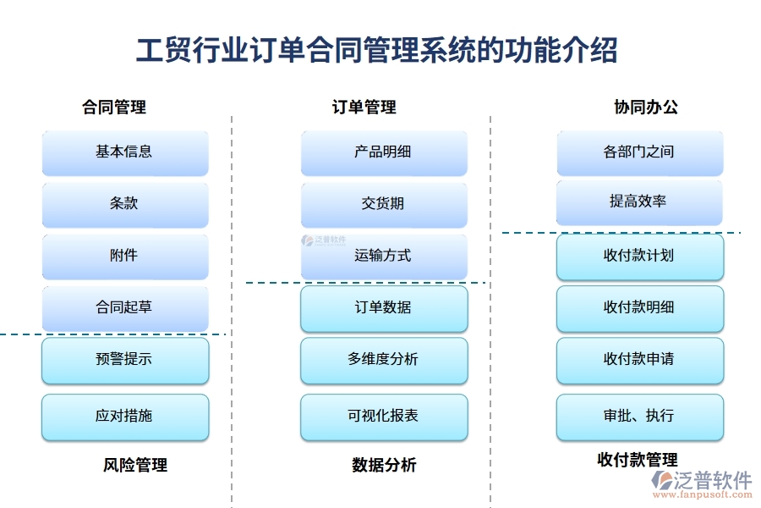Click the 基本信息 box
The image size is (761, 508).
pos(124,152)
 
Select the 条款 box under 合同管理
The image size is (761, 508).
pos(124,204)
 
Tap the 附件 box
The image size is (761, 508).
pos(124,256)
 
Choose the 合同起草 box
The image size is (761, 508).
pos(124,307)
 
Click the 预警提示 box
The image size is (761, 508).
pos(124,360)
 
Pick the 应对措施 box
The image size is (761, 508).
pos(124,417)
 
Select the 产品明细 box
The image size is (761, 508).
pos(383,152)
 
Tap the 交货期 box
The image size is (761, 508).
pos(383,204)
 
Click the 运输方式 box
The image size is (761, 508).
pos(383,256)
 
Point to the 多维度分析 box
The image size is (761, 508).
pos(383,360)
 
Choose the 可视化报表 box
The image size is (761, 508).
pos(383,417)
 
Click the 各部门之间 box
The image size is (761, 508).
pos(639,152)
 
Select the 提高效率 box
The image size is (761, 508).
pos(639,202)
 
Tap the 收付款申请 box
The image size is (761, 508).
pos(639,360)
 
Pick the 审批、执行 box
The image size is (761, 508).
pos(639,417)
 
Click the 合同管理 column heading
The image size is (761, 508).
pos(114,108)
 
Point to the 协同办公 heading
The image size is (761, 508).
pos(646,108)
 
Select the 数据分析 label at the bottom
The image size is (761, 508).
pos(384,465)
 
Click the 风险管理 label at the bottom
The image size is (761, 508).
pos(135,465)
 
